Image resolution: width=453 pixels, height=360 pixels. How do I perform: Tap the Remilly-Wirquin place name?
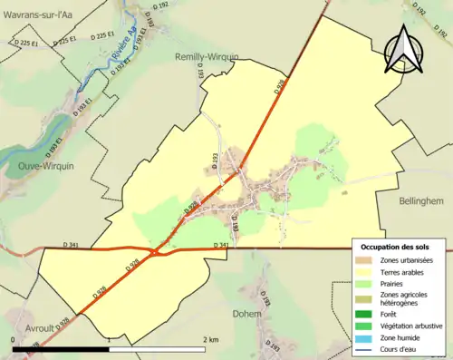(x=206, y=56)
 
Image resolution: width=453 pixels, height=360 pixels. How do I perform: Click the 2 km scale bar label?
(x=209, y=339)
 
